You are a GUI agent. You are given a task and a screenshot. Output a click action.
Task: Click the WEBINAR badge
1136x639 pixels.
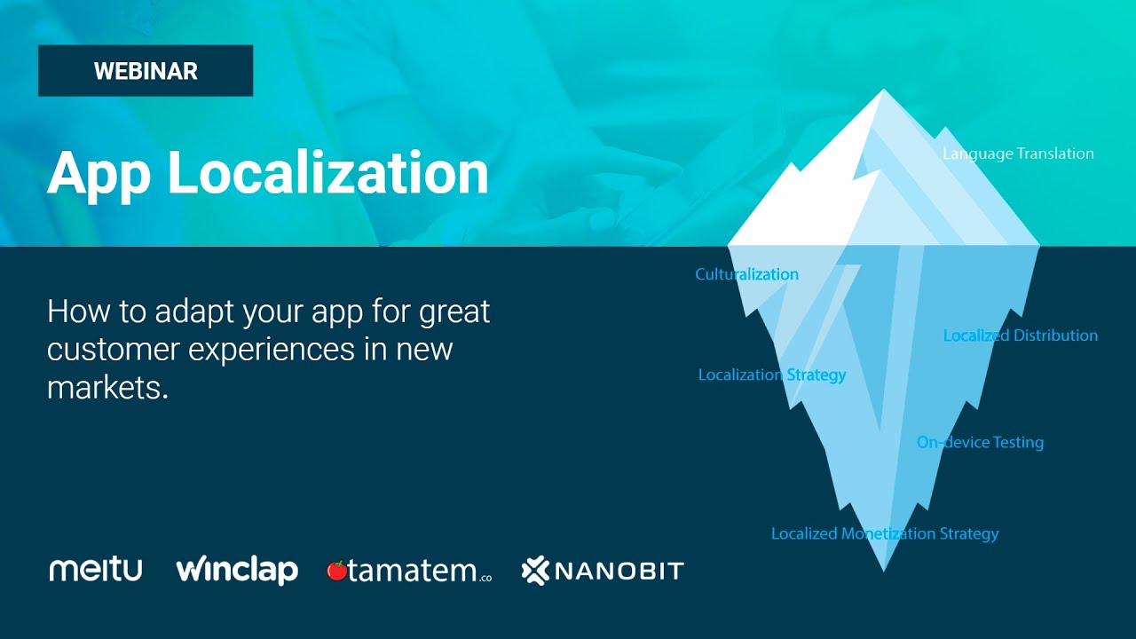point(146,71)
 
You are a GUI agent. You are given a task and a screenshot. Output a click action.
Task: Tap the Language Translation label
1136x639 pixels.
point(1018,154)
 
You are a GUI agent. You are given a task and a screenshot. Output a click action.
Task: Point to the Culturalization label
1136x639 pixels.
point(746,274)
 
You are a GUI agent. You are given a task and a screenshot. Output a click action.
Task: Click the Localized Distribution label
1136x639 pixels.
point(1020,335)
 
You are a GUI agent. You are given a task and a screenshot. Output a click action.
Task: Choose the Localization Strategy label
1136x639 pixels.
point(771,375)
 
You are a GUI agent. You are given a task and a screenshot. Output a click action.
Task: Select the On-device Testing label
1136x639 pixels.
point(980,442)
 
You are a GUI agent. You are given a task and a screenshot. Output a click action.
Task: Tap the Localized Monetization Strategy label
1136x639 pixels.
point(884,533)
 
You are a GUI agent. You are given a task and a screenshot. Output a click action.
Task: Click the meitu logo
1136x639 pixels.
point(95,570)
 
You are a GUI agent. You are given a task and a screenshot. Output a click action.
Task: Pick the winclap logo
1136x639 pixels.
point(237,570)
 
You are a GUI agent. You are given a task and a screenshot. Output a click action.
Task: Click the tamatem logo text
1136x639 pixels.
point(414,572)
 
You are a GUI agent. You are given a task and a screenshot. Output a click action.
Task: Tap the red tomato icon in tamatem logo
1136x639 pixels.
point(336,571)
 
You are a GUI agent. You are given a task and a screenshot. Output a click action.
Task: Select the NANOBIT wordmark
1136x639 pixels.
point(619,571)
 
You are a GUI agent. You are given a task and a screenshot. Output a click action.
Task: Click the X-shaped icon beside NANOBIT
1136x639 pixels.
point(536,571)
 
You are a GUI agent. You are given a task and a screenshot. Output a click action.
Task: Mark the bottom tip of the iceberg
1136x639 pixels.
point(883,566)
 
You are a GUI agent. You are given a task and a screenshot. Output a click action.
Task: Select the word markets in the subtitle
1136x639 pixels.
point(106,387)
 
